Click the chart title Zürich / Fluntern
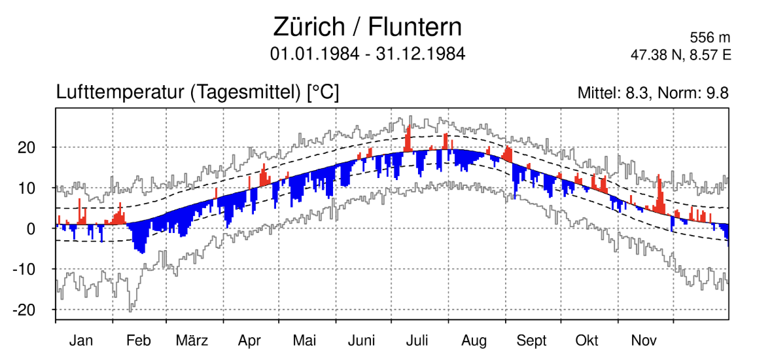coord(367,27)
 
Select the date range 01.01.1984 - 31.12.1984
coord(368,54)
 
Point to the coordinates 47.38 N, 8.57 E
coord(680,55)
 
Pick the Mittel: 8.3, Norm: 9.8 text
coord(652,94)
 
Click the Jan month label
coord(81,340)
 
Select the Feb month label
coord(138,340)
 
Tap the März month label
coord(192,340)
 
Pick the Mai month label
coord(305,340)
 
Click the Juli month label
coord(417,340)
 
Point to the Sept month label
coord(531,340)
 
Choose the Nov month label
coord(644,340)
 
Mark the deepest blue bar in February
coord(141,245)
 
